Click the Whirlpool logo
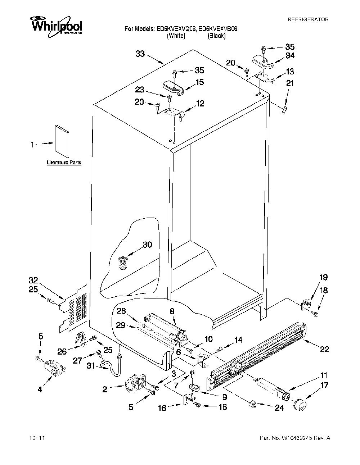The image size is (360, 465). pyautogui.click(x=57, y=27)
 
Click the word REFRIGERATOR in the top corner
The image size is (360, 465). pyautogui.click(x=308, y=19)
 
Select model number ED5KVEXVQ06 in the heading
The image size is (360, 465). pyautogui.click(x=176, y=29)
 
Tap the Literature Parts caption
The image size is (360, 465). pyautogui.click(x=64, y=163)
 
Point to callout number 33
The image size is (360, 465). pyautogui.click(x=140, y=54)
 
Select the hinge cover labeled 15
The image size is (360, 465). pyautogui.click(x=174, y=87)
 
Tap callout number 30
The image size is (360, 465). pyautogui.click(x=147, y=245)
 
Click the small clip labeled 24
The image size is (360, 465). pyautogui.click(x=253, y=404)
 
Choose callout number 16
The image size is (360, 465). pyautogui.click(x=162, y=408)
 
